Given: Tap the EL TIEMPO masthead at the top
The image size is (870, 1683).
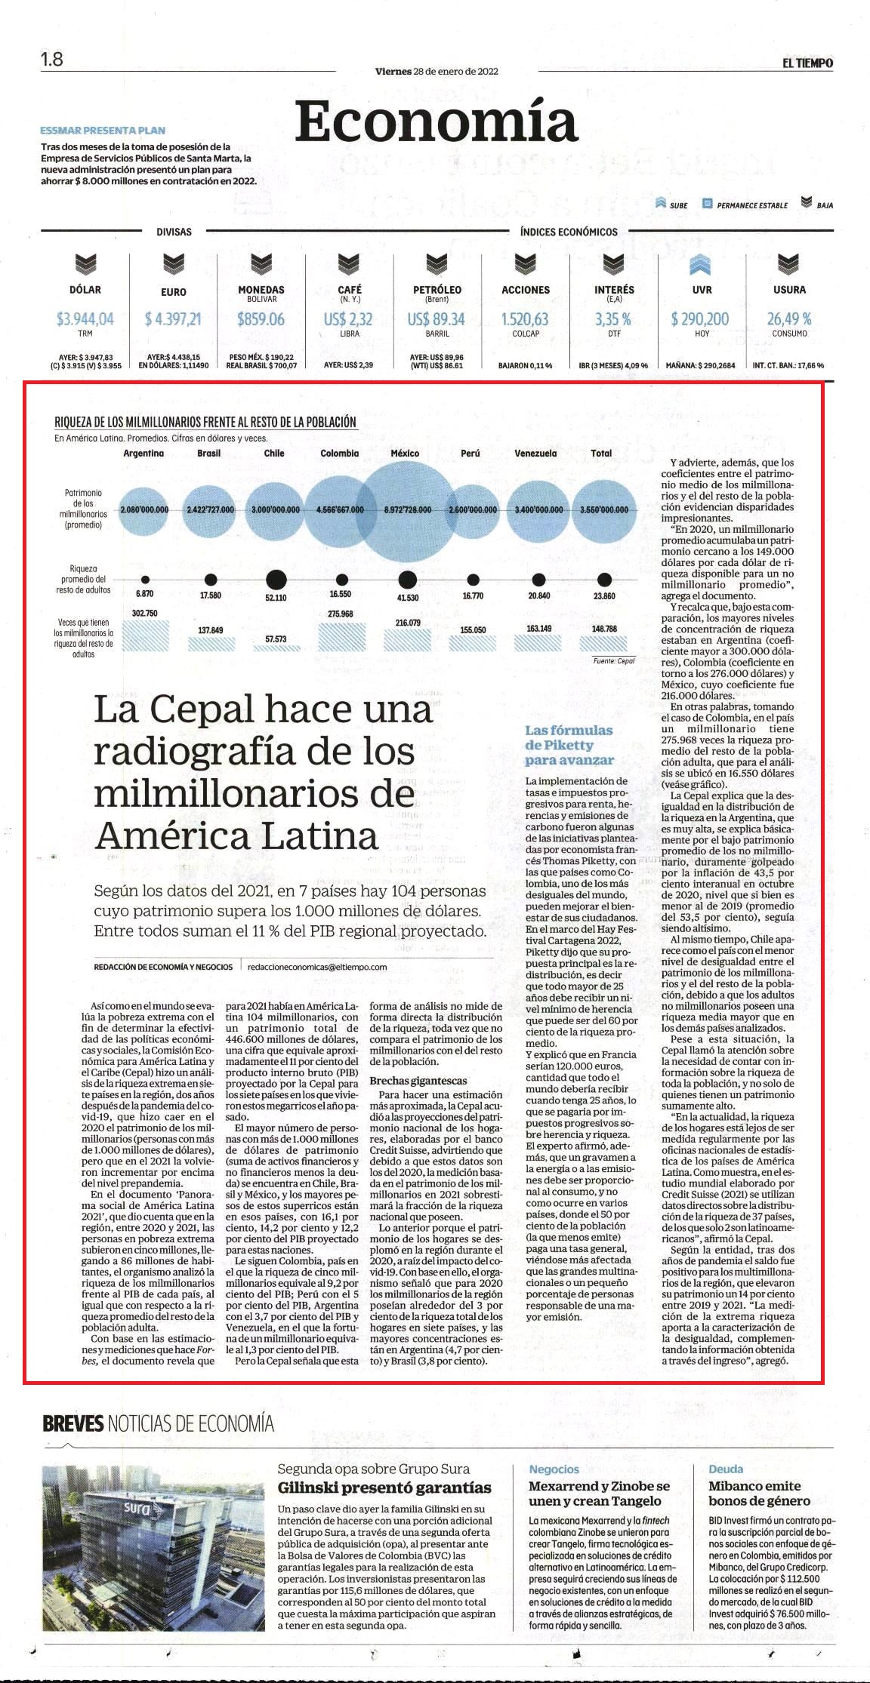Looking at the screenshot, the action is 808,63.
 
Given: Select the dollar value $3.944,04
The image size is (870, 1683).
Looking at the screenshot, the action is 85,319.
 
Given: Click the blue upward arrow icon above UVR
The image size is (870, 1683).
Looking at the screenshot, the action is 701,265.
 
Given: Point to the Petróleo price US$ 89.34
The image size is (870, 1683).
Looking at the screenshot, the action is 437,319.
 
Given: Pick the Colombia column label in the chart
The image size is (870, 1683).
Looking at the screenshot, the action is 339,453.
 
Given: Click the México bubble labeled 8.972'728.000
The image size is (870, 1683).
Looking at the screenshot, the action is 406,509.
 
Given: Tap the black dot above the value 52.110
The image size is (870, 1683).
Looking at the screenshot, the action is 276,580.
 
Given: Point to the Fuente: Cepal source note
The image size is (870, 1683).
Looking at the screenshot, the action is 614,660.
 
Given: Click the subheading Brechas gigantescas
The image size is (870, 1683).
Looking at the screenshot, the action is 418,1081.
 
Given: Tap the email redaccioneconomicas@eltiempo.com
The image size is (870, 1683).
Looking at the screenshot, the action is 317,966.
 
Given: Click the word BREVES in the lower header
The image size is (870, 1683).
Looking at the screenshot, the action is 72,1424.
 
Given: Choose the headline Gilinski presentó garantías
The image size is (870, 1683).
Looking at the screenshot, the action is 384,1488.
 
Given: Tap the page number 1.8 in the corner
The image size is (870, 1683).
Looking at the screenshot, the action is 52,60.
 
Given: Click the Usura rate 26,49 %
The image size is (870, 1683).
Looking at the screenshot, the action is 789,319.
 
